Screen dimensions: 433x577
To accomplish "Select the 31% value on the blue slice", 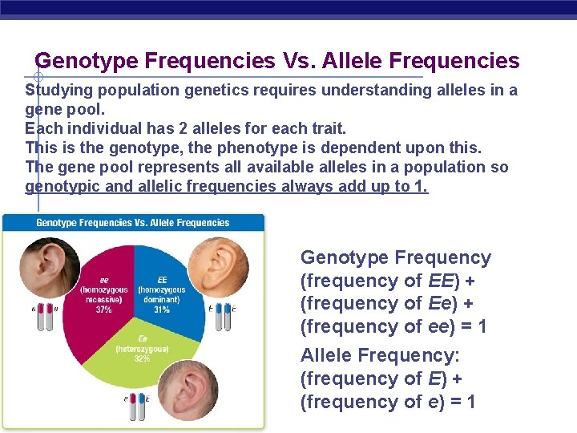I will pos(161,310).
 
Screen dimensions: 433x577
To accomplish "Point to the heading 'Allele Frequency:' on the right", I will pos(369,355).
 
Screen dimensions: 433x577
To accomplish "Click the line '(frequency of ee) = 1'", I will pos(393,326).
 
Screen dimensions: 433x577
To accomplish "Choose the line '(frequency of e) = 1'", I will pos(388,401).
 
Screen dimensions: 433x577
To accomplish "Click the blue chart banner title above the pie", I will pos(133,223).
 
